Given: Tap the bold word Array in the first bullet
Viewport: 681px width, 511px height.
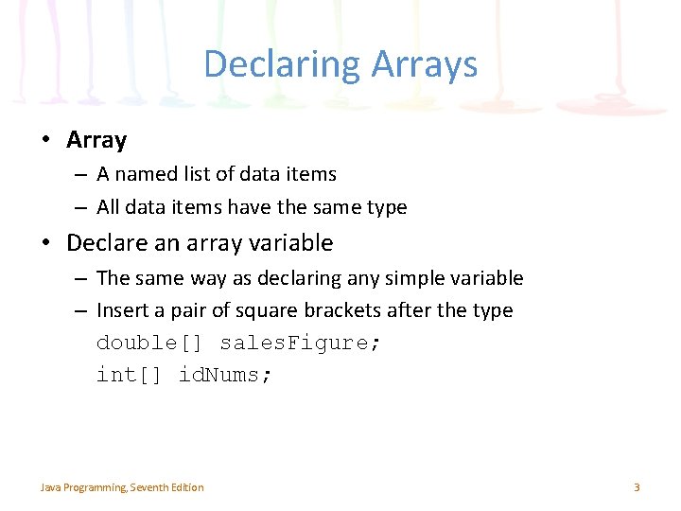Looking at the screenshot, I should click(96, 140).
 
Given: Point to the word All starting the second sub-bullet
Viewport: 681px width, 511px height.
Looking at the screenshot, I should click(109, 207).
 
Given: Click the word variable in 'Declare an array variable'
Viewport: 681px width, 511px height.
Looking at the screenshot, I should click(290, 243).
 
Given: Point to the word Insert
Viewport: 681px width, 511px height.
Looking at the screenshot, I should click(123, 310).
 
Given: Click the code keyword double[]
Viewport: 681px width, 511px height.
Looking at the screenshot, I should click(150, 343).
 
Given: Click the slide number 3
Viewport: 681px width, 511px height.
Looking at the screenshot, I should click(637, 487).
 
